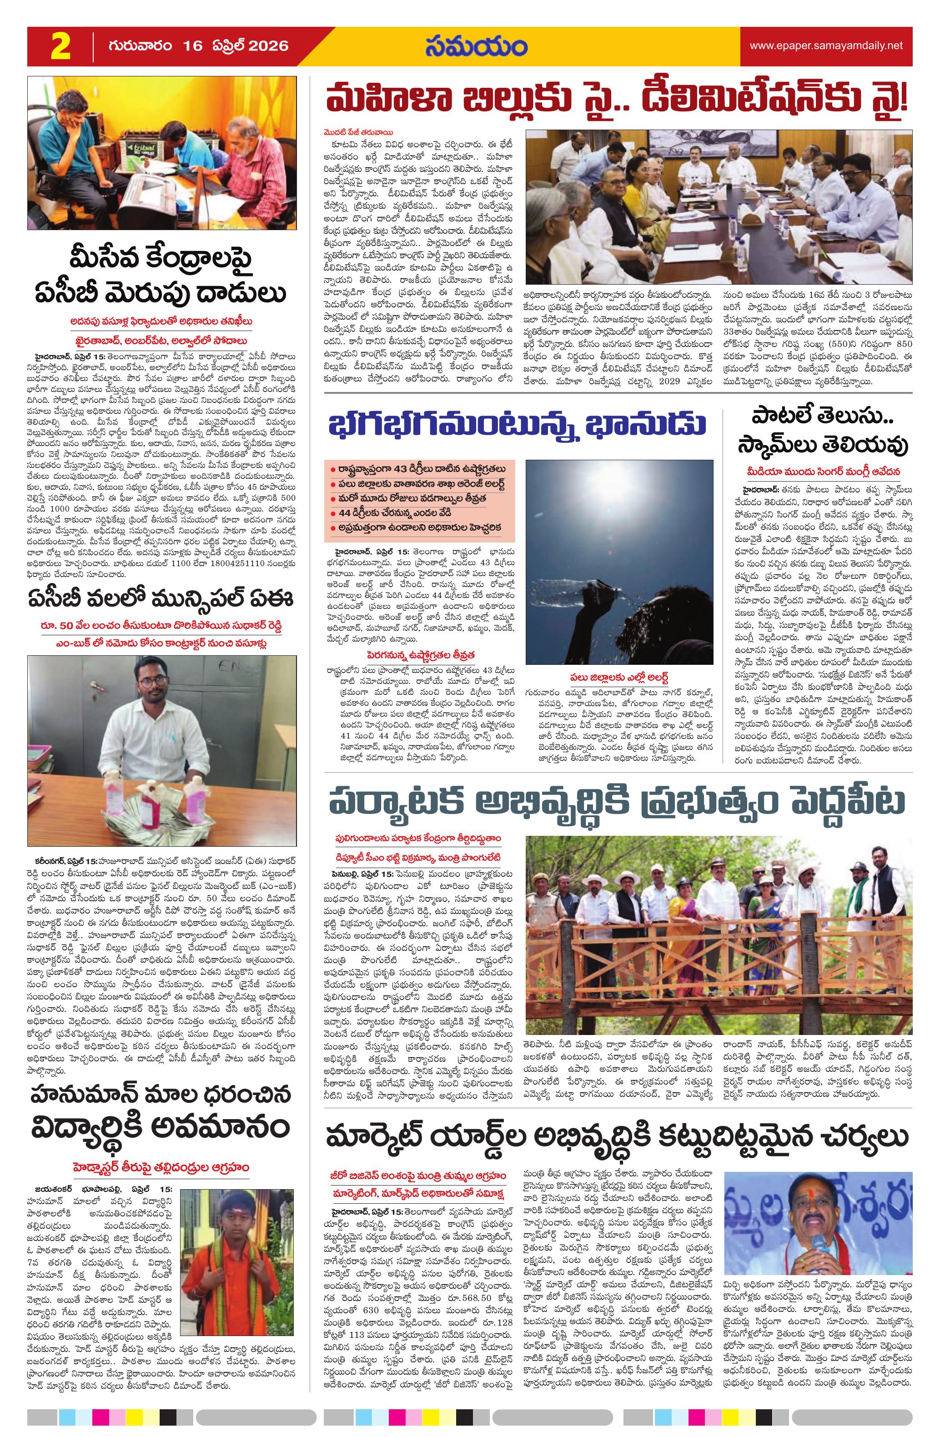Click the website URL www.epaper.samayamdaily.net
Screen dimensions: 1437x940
pyautogui.click(x=826, y=45)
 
